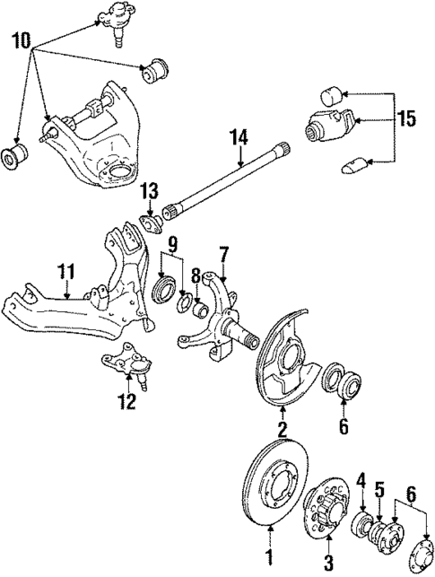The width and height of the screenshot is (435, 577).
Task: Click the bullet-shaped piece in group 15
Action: click(x=353, y=165)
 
